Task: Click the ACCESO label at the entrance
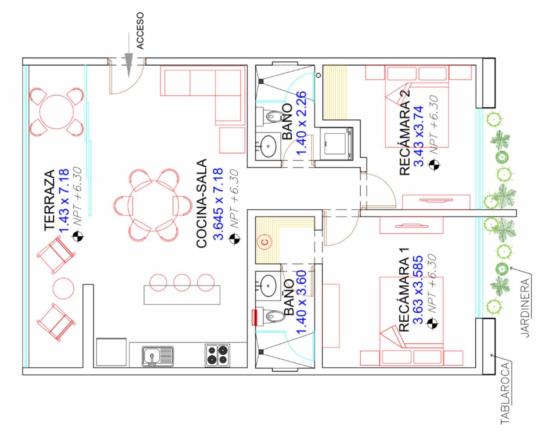tap(140, 31)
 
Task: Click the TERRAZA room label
tap(49, 200)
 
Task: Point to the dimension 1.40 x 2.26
tap(301, 123)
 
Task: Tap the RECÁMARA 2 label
tap(405, 132)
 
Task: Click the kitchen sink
tap(158, 356)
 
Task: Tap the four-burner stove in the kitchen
tap(217, 355)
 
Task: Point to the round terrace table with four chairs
tap(57, 111)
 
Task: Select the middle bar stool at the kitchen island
tap(182, 282)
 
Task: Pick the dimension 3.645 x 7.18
tap(218, 204)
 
